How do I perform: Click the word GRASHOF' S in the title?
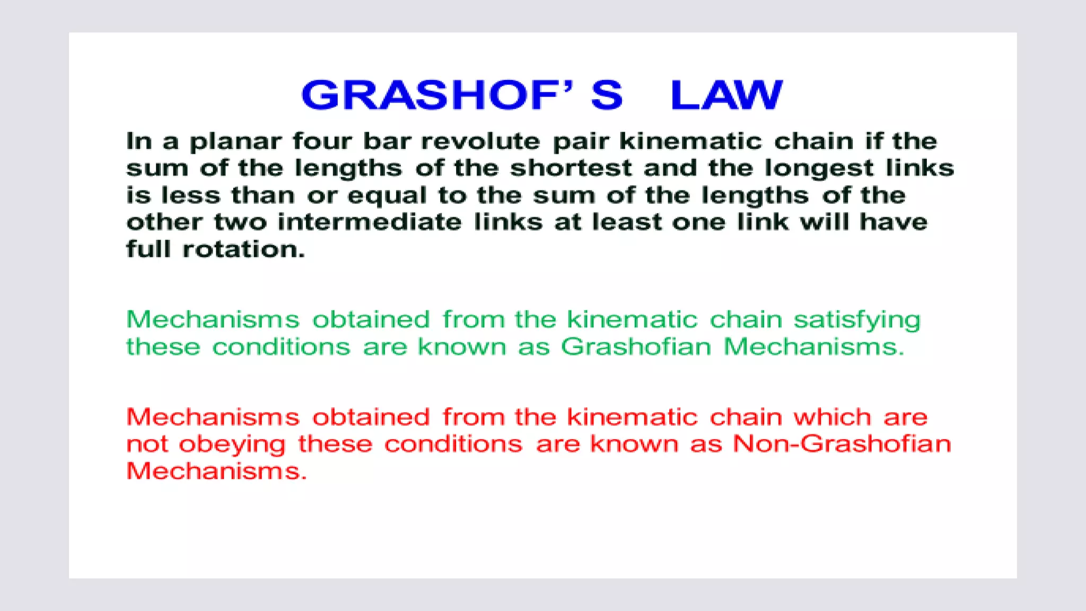click(461, 95)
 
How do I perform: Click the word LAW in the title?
click(726, 95)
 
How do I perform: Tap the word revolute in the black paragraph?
click(480, 142)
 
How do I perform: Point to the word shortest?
click(571, 169)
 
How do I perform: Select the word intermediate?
click(370, 222)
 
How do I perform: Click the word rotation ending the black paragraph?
click(243, 250)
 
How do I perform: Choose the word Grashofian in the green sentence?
click(636, 347)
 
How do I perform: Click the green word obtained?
click(371, 320)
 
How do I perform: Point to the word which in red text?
click(832, 417)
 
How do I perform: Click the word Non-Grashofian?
click(842, 444)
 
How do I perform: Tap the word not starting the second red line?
click(147, 444)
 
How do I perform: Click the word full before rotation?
click(148, 249)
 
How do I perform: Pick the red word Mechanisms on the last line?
click(216, 472)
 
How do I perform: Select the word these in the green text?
click(163, 347)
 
